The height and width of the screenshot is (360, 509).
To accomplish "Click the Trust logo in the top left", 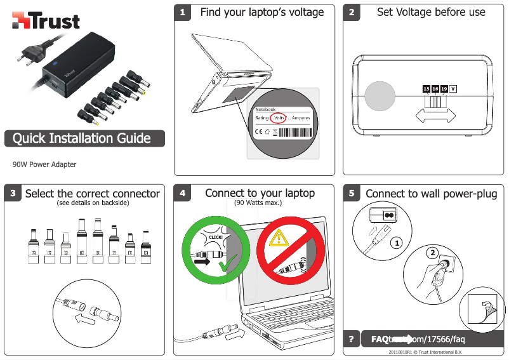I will [x=46, y=21].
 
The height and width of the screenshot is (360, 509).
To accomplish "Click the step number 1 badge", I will [x=183, y=13].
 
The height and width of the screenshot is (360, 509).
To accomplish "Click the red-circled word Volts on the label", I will [x=278, y=117].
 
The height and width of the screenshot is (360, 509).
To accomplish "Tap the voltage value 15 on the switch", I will [x=426, y=89].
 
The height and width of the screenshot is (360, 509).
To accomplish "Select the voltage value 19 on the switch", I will [x=444, y=89].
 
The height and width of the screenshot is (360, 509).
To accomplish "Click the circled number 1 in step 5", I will [x=396, y=243].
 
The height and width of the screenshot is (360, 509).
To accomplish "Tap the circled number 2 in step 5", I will [x=432, y=253].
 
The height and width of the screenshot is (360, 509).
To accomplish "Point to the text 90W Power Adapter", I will [x=44, y=164].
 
